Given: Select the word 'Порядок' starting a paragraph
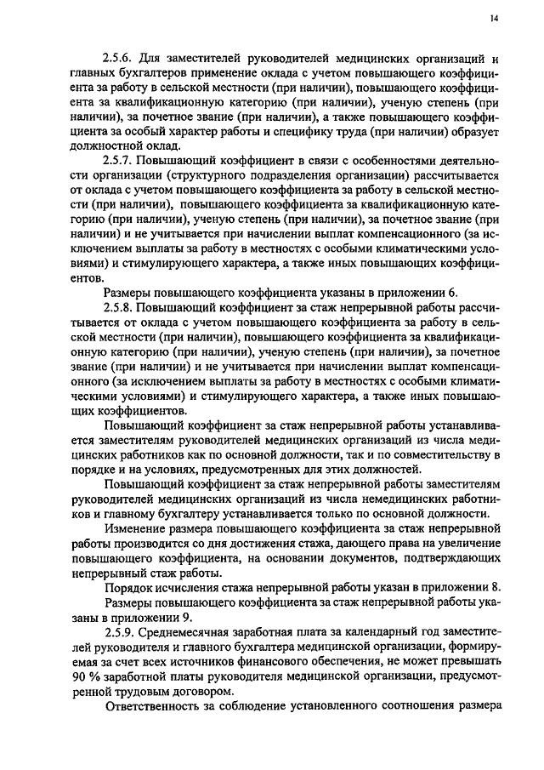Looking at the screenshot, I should pyautogui.click(x=128, y=588).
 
